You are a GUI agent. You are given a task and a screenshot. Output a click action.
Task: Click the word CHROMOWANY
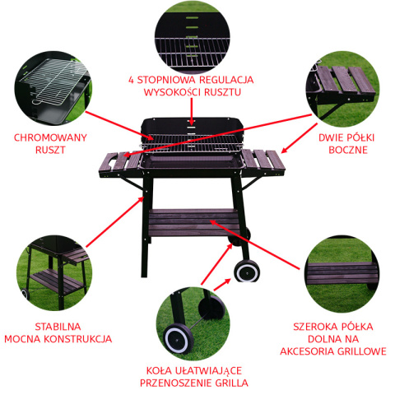[50, 137]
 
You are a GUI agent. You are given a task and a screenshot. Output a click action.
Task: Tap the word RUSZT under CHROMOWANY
[50, 150]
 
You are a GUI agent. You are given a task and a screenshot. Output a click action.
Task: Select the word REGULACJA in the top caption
[226, 80]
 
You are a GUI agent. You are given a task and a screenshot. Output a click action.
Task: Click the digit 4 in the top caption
[131, 80]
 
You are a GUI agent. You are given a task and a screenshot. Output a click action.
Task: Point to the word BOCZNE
[348, 150]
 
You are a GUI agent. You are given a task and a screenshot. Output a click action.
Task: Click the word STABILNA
[58, 327]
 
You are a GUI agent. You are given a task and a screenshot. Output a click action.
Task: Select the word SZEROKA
[313, 327]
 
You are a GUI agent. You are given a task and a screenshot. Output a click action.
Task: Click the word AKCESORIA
[307, 351]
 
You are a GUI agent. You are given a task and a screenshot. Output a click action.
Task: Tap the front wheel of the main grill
[247, 271]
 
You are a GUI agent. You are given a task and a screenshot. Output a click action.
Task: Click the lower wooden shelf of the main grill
[193, 222]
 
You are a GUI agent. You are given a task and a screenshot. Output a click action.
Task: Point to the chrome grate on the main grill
[192, 142]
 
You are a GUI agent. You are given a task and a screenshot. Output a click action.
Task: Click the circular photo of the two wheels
[193, 324]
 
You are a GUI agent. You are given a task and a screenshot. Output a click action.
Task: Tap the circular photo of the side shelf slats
[342, 89]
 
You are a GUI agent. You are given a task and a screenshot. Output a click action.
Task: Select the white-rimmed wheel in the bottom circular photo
[178, 339]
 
